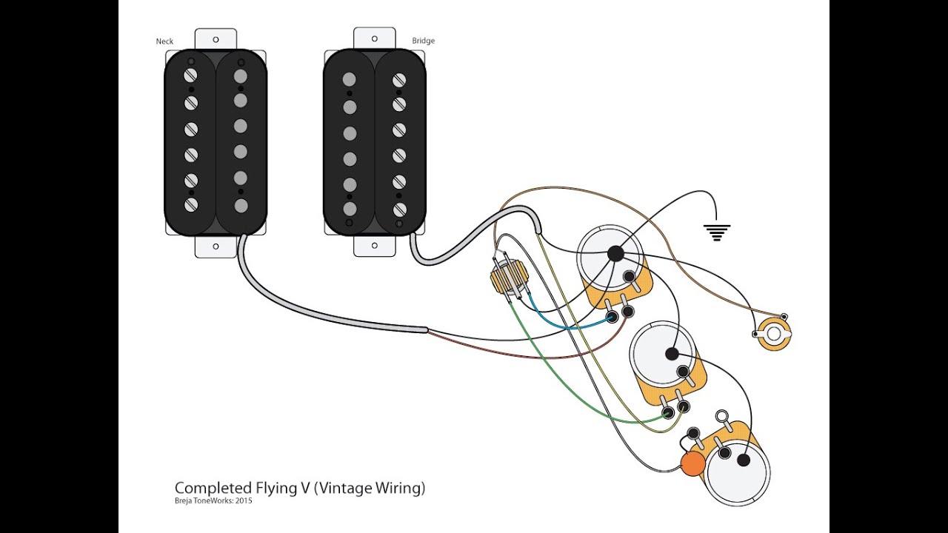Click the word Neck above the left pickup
click(x=164, y=41)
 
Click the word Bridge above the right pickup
click(x=423, y=41)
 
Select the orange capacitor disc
click(x=692, y=463)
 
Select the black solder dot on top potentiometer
click(x=615, y=254)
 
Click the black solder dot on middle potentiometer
click(x=672, y=354)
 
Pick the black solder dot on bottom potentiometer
click(x=744, y=460)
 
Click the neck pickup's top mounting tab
click(x=216, y=38)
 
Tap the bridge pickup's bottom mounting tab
click(x=375, y=247)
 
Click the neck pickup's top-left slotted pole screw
click(x=191, y=75)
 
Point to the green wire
click(x=563, y=385)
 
